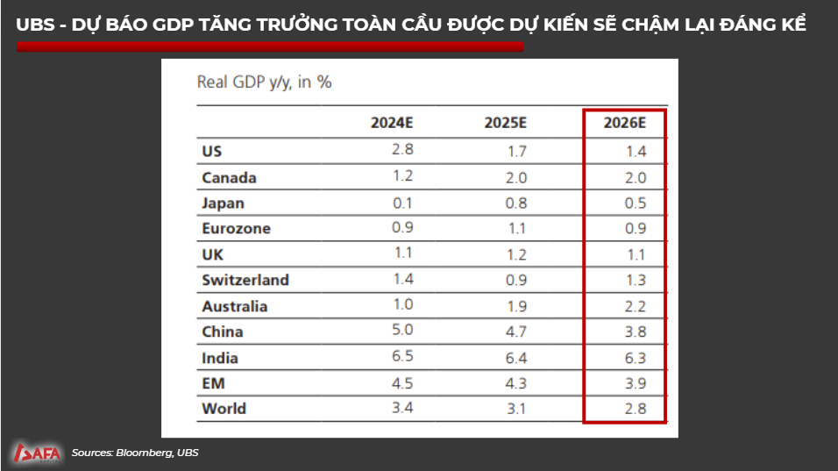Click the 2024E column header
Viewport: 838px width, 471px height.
(392, 123)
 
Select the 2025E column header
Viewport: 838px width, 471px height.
(505, 123)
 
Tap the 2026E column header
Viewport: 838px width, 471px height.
(624, 123)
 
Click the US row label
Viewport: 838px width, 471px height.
(211, 152)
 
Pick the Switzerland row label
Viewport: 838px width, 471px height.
(245, 281)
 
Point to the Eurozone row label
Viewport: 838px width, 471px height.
(236, 229)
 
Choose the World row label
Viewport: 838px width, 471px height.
(224, 409)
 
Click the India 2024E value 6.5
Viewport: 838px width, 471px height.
(402, 358)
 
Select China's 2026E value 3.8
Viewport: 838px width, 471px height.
(636, 332)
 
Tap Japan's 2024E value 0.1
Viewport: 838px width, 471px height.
(402, 203)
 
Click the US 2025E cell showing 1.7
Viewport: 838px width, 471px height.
(516, 152)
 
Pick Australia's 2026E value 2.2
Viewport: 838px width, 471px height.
(636, 307)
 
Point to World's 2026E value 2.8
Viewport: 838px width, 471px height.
(636, 409)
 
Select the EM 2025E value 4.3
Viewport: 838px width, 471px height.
(516, 383)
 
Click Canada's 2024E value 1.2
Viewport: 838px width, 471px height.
(402, 177)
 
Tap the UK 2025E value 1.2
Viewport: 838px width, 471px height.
(516, 255)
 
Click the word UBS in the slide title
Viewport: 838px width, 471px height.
(36, 25)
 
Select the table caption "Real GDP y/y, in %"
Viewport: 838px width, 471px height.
(264, 82)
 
